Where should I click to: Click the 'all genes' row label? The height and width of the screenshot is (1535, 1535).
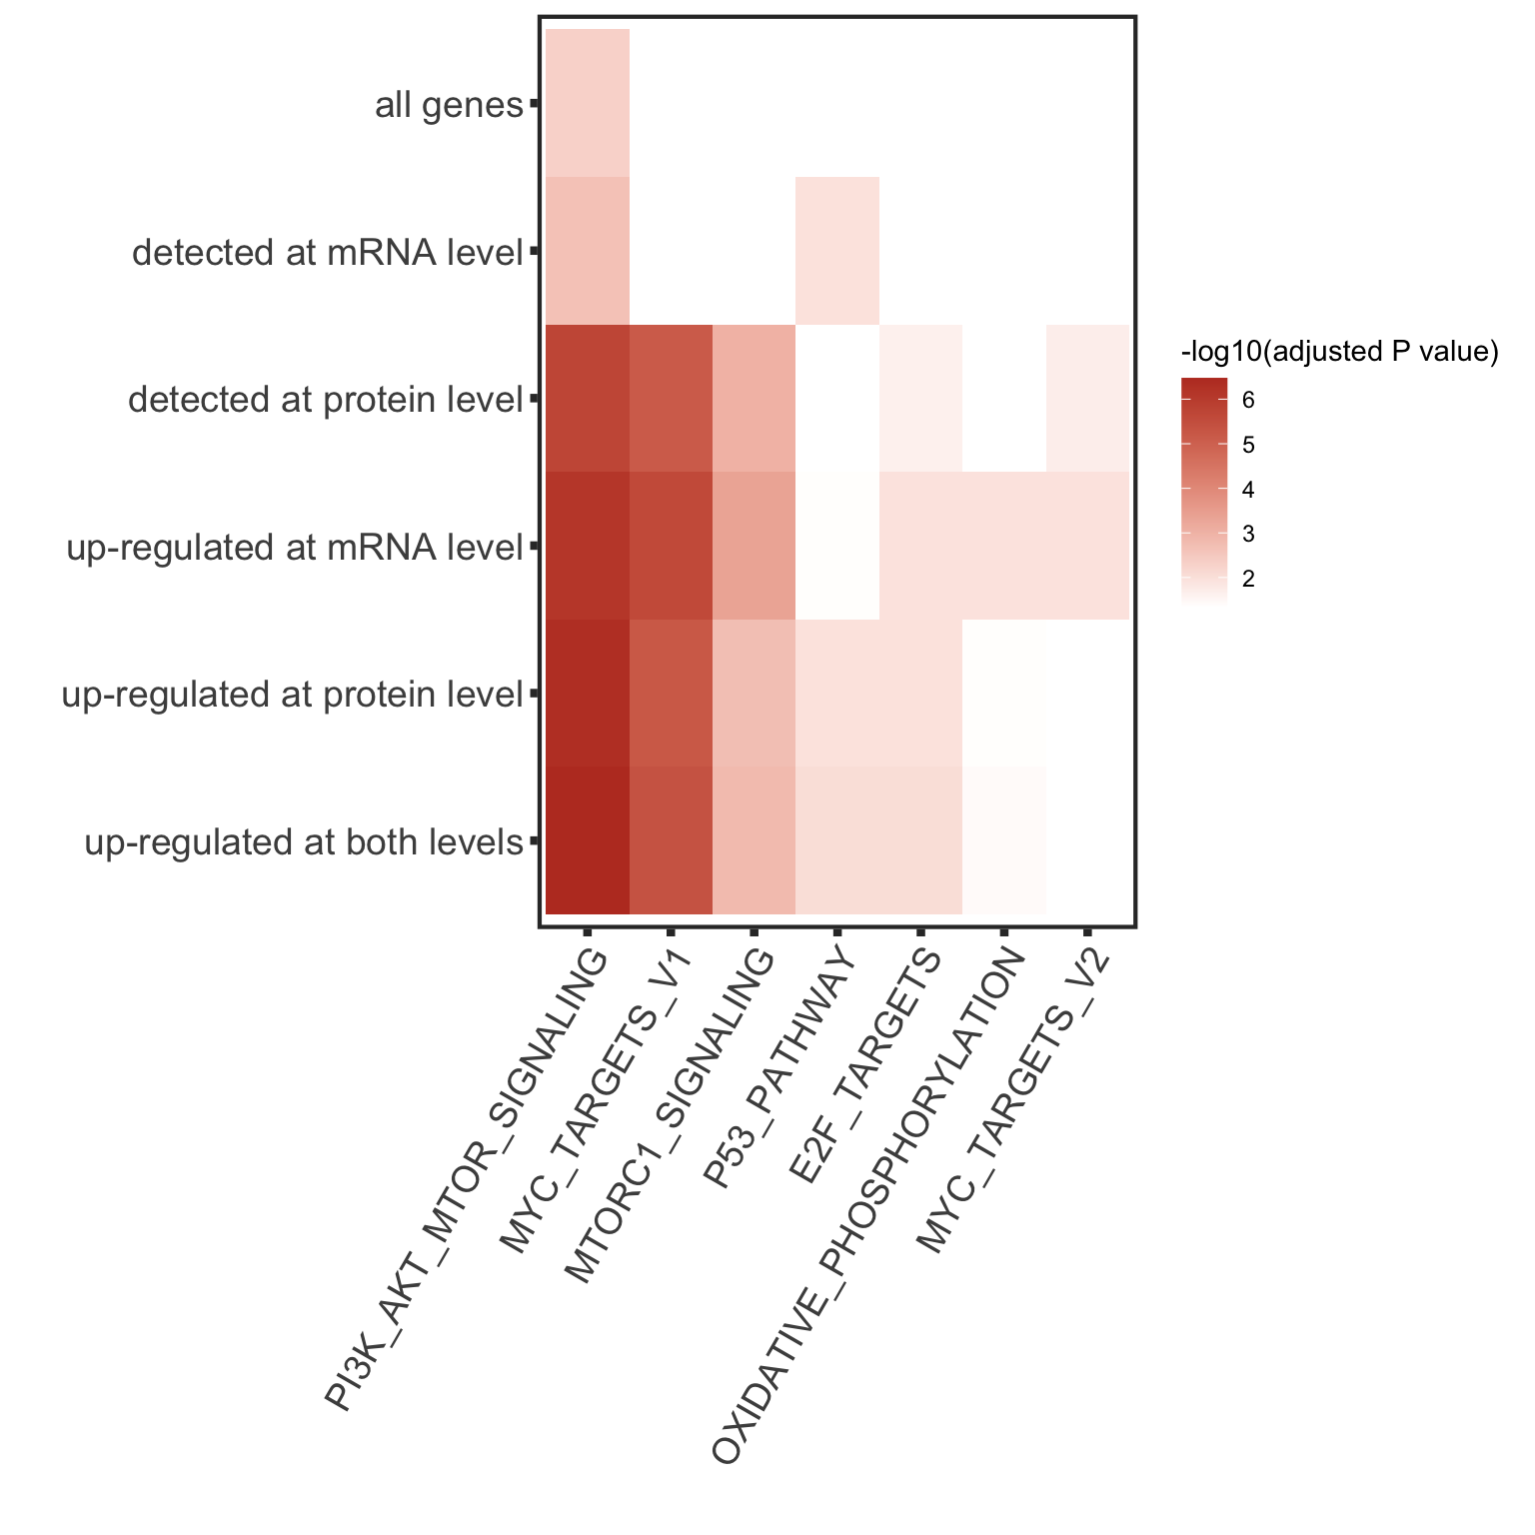tap(449, 105)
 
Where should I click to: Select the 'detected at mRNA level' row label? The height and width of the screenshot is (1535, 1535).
tap(328, 253)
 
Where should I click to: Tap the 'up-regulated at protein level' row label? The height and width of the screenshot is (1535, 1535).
tap(293, 695)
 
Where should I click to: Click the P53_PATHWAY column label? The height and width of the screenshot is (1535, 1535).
tap(780, 1069)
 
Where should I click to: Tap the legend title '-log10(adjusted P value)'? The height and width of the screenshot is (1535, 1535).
tap(1339, 352)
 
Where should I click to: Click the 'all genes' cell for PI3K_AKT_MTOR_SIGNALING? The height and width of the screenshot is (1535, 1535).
tap(588, 103)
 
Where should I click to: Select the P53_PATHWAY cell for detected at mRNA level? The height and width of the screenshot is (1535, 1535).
tap(837, 251)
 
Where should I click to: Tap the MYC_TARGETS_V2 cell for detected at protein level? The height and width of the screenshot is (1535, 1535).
tap(1087, 399)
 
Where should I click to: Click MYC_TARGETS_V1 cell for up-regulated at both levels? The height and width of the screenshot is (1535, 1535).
tap(671, 840)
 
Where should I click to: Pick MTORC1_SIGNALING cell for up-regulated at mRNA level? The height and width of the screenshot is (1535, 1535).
tap(755, 546)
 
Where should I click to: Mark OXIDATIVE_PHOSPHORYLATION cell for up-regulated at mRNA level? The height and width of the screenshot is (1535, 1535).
tap(1004, 546)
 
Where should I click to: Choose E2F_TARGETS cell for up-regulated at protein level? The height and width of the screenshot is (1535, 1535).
tap(920, 693)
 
